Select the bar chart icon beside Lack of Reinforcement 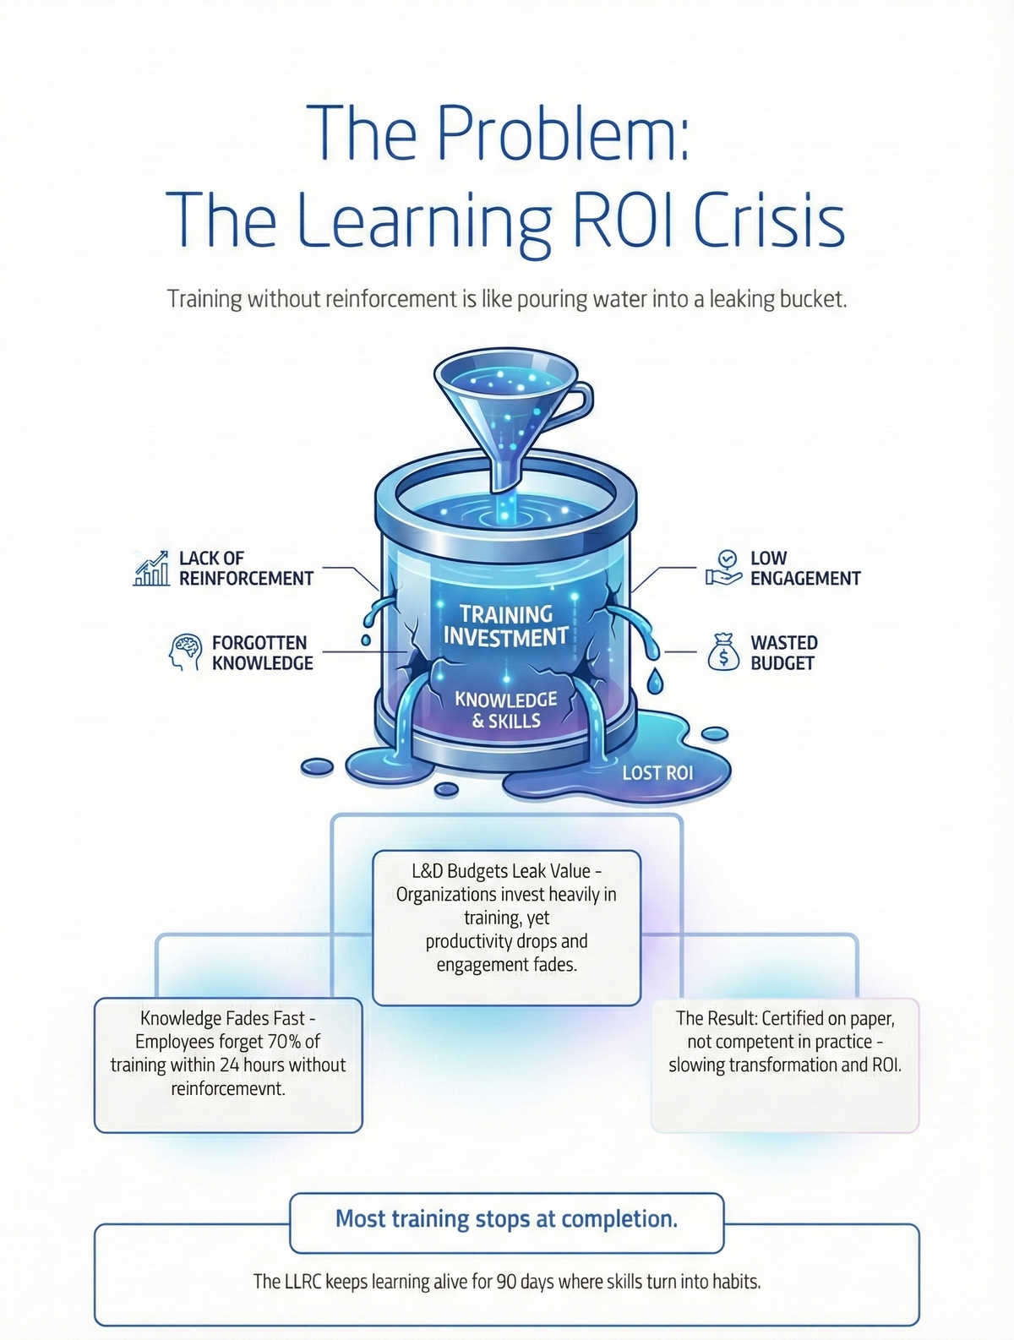(x=150, y=568)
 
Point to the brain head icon (x=185, y=652)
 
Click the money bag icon (x=723, y=652)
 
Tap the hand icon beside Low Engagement (x=723, y=568)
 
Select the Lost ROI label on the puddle (x=657, y=773)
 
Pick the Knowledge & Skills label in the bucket (x=506, y=710)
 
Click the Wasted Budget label (x=784, y=652)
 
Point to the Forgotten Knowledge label (x=263, y=652)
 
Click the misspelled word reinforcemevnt (x=228, y=1088)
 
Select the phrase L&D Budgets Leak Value (x=500, y=870)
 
